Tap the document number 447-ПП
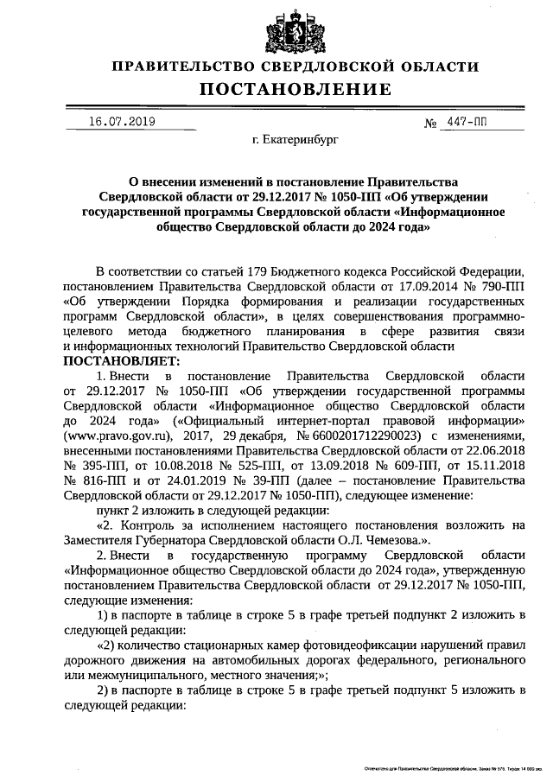coord(467,123)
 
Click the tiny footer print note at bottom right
coord(453,767)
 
